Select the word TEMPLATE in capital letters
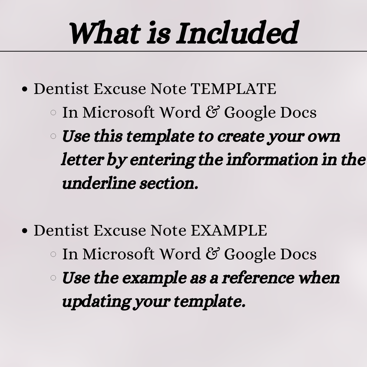[233, 89]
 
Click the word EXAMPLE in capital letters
[229, 231]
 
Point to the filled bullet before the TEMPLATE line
[25, 89]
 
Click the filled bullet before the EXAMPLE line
[25, 231]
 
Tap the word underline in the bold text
[97, 183]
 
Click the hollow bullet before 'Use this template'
[53, 136]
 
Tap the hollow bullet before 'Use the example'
[53, 277]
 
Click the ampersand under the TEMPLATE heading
[212, 112]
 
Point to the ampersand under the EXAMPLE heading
[212, 254]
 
